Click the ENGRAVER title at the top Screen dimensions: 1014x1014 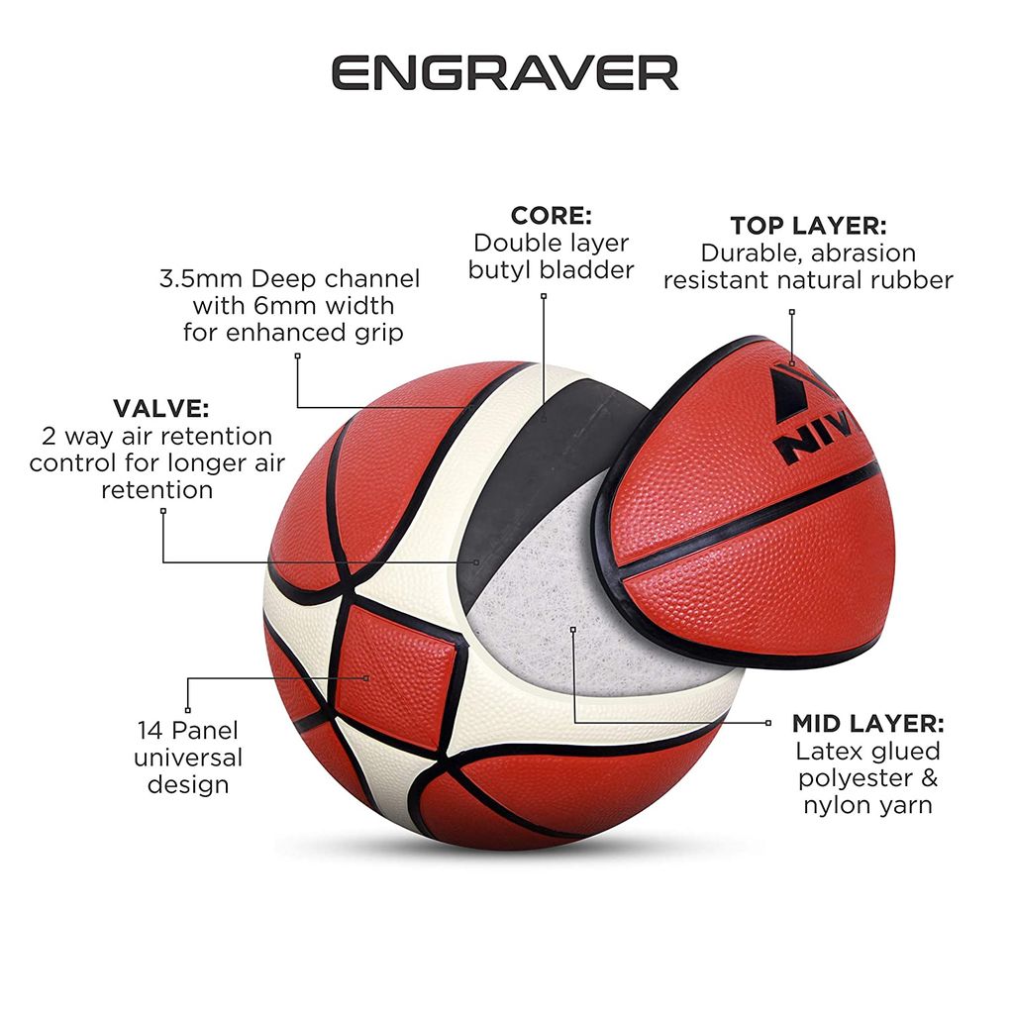[x=505, y=72]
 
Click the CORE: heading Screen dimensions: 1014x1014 [x=551, y=215]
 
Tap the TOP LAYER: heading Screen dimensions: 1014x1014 [x=808, y=226]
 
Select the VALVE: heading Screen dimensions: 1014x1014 [x=161, y=409]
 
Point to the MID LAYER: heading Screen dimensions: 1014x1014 [x=867, y=724]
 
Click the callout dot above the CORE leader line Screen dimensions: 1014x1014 [x=544, y=296]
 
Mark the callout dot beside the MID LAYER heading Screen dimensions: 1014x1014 [x=768, y=723]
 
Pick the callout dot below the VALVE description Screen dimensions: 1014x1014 [x=163, y=511]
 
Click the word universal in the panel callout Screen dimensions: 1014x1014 [x=188, y=758]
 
